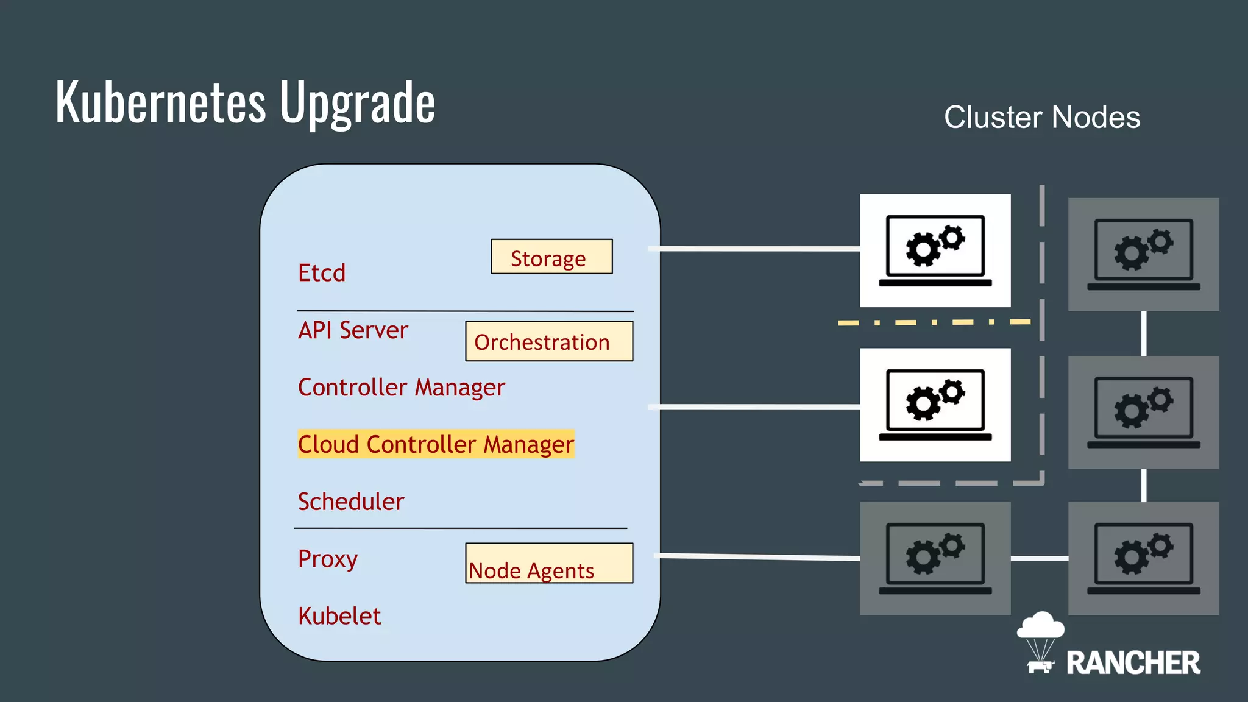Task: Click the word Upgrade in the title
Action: pyautogui.click(x=357, y=102)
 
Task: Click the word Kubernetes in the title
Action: pyautogui.click(x=161, y=102)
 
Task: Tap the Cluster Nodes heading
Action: pyautogui.click(x=1041, y=117)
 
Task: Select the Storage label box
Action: pyautogui.click(x=551, y=257)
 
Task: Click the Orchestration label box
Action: pyautogui.click(x=548, y=341)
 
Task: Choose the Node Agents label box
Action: pyautogui.click(x=548, y=564)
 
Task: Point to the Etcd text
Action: pyautogui.click(x=322, y=272)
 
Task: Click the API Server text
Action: pyautogui.click(x=353, y=330)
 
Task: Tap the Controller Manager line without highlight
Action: pyautogui.click(x=401, y=388)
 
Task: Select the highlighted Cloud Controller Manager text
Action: pyautogui.click(x=436, y=444)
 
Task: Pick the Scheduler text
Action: pyautogui.click(x=350, y=502)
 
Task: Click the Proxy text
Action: pyautogui.click(x=327, y=559)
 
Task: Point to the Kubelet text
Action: pyautogui.click(x=339, y=616)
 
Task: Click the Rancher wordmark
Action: pyautogui.click(x=1132, y=663)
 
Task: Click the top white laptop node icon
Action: pyautogui.click(x=935, y=250)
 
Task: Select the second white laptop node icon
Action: pyautogui.click(x=935, y=405)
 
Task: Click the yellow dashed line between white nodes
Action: pyautogui.click(x=934, y=322)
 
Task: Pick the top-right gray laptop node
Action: pyautogui.click(x=1143, y=254)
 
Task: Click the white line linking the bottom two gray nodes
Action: pyautogui.click(x=1039, y=558)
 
